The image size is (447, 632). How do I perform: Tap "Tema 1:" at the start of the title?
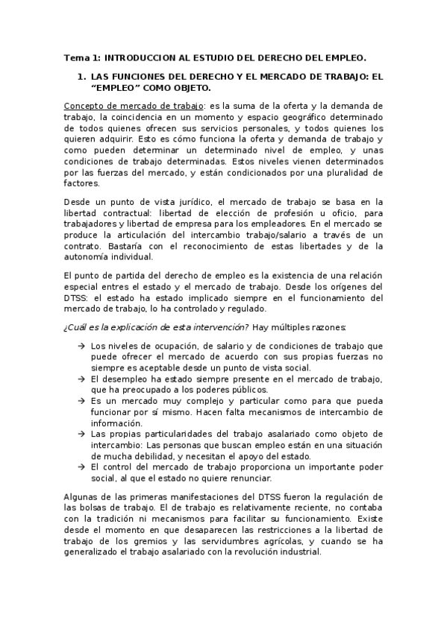click(x=81, y=57)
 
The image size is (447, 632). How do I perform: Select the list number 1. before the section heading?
click(x=82, y=77)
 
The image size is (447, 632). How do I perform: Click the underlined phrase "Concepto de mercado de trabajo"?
click(x=128, y=107)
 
